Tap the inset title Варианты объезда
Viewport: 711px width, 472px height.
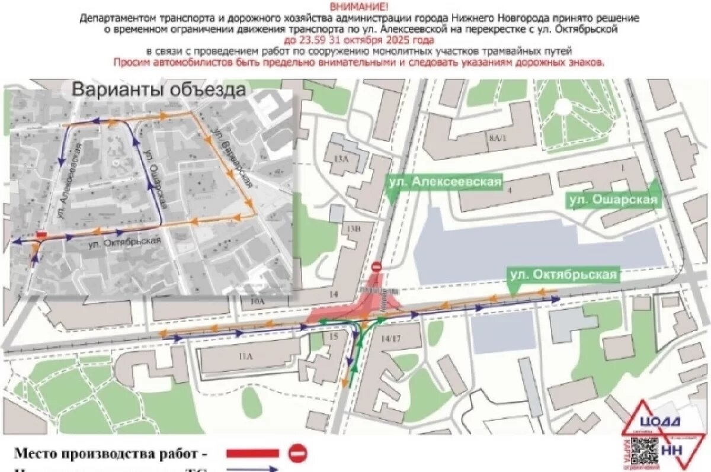tap(158, 90)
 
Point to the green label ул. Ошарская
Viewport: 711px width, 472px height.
tap(613, 200)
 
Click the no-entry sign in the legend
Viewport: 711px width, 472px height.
tap(298, 453)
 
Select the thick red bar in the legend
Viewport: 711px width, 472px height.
tap(252, 454)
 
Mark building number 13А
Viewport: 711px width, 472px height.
tap(341, 158)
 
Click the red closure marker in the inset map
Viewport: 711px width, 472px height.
tap(41, 235)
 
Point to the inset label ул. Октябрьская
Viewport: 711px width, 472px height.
tap(125, 242)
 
